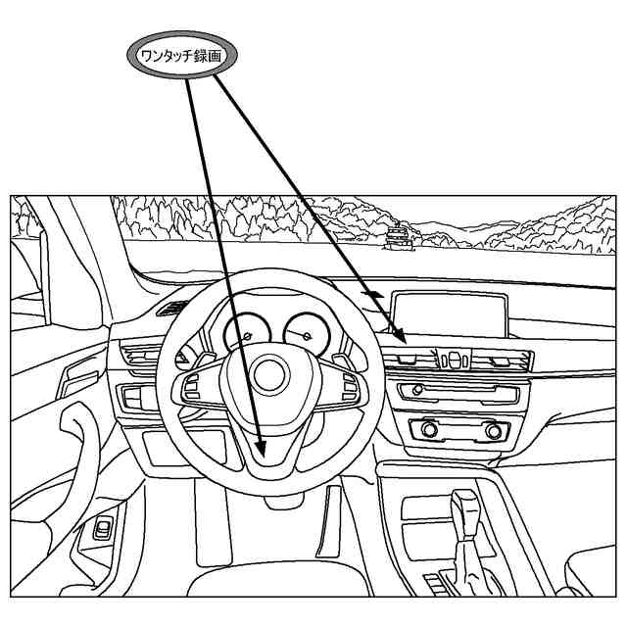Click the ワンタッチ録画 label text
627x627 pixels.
181,57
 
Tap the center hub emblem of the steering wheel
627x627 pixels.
268,374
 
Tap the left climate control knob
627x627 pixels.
428,429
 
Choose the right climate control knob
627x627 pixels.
493,430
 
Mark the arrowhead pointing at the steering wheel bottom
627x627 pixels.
261,449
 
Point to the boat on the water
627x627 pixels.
400,235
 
